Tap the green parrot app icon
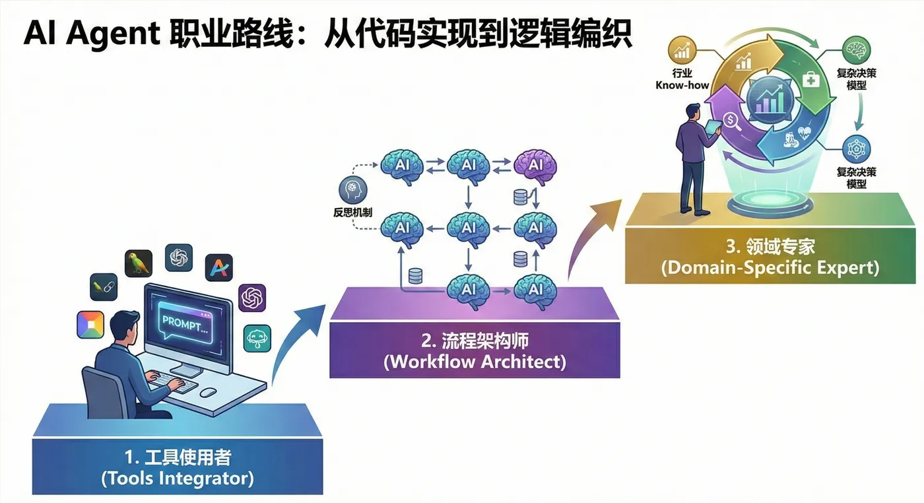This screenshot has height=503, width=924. click(139, 263)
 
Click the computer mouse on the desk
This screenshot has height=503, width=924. click(209, 391)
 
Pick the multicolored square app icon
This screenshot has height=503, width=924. click(90, 324)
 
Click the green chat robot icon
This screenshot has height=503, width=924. click(257, 338)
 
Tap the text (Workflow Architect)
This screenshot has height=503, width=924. click(474, 362)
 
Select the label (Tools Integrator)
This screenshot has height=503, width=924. click(178, 478)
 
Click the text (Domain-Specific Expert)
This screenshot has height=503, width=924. click(771, 268)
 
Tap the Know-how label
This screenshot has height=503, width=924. click(682, 85)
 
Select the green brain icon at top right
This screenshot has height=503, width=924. click(857, 50)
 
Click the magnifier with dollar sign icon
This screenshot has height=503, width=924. click(731, 121)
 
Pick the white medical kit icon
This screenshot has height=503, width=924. click(810, 80)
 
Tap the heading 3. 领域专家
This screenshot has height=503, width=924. click(770, 247)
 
